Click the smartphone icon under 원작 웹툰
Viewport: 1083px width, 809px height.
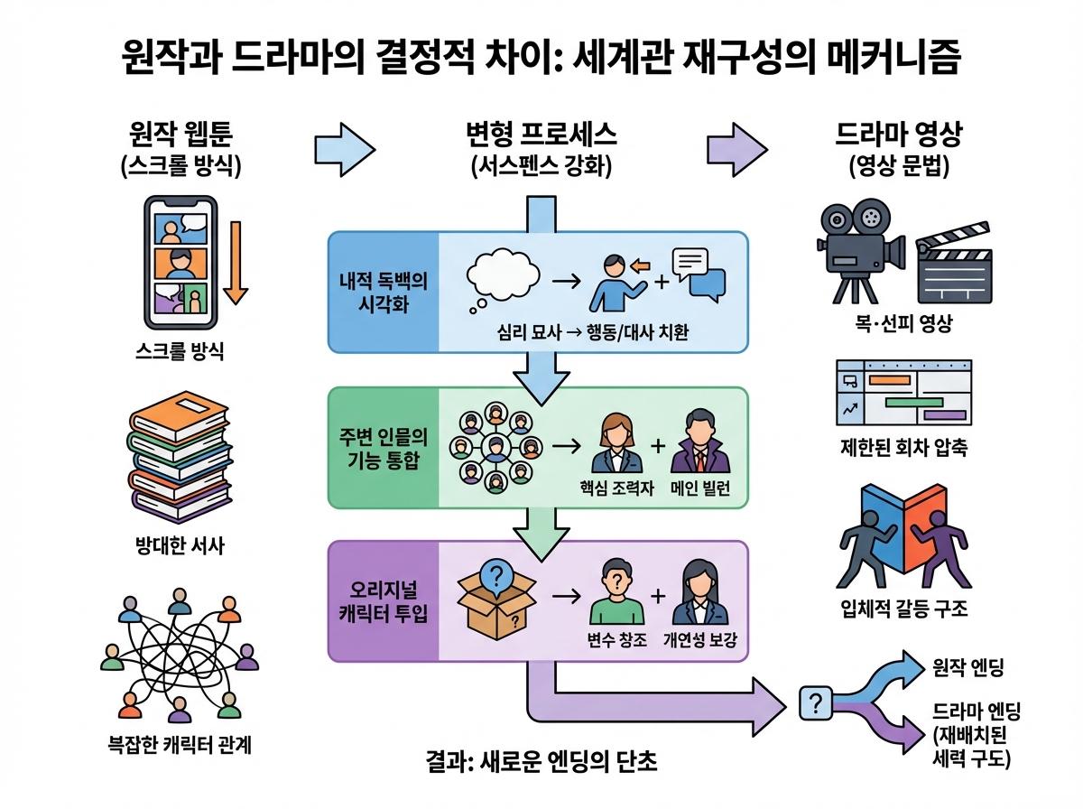[x=181, y=264]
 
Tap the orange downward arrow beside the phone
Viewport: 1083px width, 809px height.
[x=236, y=262]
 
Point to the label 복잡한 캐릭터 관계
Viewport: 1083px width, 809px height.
[x=178, y=747]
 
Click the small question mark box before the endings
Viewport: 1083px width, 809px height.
[x=816, y=704]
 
